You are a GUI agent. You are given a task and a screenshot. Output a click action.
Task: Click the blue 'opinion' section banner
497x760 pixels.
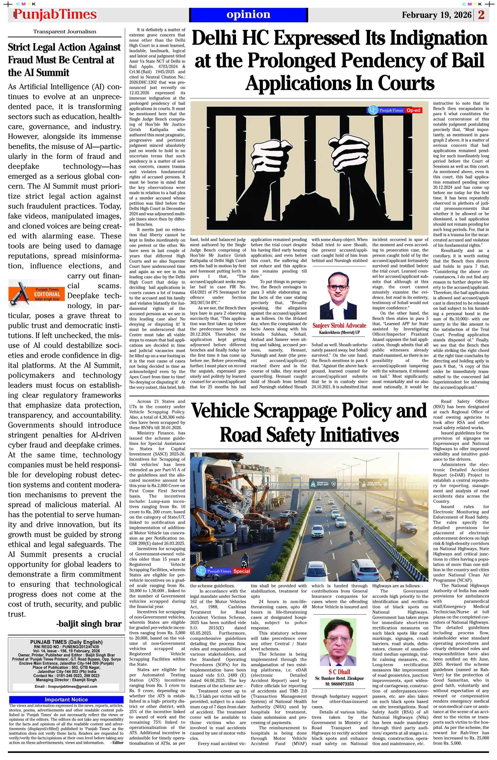click(248, 15)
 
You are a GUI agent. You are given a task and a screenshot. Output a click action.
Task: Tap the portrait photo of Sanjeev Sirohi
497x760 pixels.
click(339, 295)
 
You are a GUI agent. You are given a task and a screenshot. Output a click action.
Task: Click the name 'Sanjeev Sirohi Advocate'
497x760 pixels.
click(339, 325)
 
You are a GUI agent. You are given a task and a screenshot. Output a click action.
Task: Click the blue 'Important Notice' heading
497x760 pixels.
click(66, 700)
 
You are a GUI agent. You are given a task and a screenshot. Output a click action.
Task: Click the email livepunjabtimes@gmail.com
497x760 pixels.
click(66, 686)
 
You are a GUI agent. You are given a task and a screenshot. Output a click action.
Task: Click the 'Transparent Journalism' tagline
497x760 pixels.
click(65, 32)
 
